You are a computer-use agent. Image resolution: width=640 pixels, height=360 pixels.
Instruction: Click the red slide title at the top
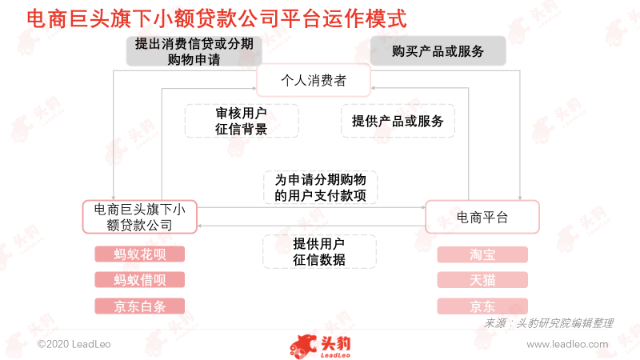[217, 18]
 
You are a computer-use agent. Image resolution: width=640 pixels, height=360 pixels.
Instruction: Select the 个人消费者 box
[314, 80]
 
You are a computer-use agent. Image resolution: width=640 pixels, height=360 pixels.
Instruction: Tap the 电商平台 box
[482, 217]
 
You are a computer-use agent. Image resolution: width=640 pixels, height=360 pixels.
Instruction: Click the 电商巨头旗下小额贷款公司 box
[139, 217]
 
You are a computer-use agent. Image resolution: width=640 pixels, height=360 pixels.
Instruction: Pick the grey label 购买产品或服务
[438, 51]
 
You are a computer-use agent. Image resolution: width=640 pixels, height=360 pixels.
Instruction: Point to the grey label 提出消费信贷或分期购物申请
[194, 51]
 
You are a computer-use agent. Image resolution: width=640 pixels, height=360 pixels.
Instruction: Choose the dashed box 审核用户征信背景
[242, 121]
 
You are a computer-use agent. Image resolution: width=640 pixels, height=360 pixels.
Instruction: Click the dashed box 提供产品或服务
[398, 121]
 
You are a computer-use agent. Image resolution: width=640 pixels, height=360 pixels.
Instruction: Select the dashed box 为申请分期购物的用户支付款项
[320, 187]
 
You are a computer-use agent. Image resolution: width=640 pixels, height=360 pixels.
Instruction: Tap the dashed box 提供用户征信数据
[319, 251]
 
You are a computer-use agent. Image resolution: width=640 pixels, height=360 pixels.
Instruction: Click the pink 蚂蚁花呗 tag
[139, 254]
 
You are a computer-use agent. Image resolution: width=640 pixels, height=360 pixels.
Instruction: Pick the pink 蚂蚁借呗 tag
[139, 279]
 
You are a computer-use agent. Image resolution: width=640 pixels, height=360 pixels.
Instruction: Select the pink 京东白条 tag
[139, 306]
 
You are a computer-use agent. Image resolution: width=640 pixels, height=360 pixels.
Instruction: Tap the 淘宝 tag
[482, 254]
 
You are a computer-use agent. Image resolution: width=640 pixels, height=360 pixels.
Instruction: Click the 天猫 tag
[482, 280]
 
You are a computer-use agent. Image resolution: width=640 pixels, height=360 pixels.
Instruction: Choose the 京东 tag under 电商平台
[482, 306]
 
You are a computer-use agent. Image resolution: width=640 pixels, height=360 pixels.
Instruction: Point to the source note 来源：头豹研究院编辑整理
[548, 323]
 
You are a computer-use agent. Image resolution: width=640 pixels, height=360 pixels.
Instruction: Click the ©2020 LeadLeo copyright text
[74, 344]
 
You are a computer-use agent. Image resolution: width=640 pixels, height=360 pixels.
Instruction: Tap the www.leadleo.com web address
[567, 344]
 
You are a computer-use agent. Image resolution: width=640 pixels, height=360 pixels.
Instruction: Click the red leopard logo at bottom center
[320, 346]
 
